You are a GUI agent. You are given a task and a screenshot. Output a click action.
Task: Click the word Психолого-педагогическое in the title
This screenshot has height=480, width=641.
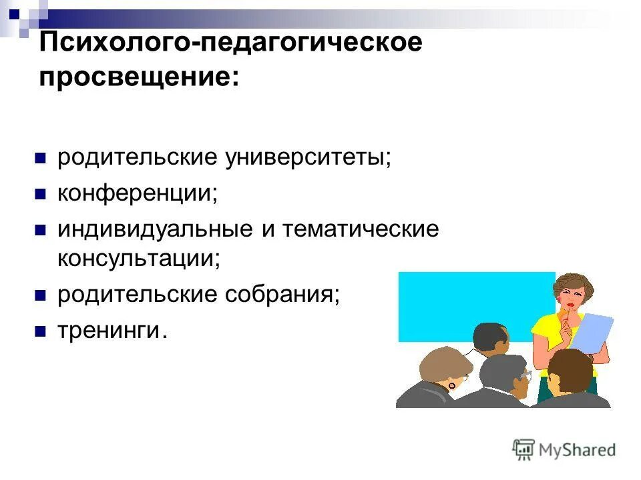(231, 44)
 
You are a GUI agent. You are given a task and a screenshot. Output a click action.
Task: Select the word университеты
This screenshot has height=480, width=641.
(308, 159)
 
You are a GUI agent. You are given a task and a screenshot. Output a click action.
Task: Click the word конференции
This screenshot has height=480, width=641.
(138, 194)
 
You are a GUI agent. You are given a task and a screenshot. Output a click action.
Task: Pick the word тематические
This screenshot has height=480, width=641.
(361, 229)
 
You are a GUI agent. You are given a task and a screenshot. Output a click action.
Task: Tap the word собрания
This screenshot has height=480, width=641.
(282, 295)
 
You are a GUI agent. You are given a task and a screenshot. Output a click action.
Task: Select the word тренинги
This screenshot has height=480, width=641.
(110, 330)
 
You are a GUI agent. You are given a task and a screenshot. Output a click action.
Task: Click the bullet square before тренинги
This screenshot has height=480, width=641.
(40, 331)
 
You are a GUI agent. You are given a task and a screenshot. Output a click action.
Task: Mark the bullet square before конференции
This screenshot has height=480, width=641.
(40, 195)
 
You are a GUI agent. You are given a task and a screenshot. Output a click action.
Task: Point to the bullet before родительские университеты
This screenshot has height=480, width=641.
(40, 159)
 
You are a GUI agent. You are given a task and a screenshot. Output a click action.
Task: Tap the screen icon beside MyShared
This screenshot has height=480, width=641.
(524, 449)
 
